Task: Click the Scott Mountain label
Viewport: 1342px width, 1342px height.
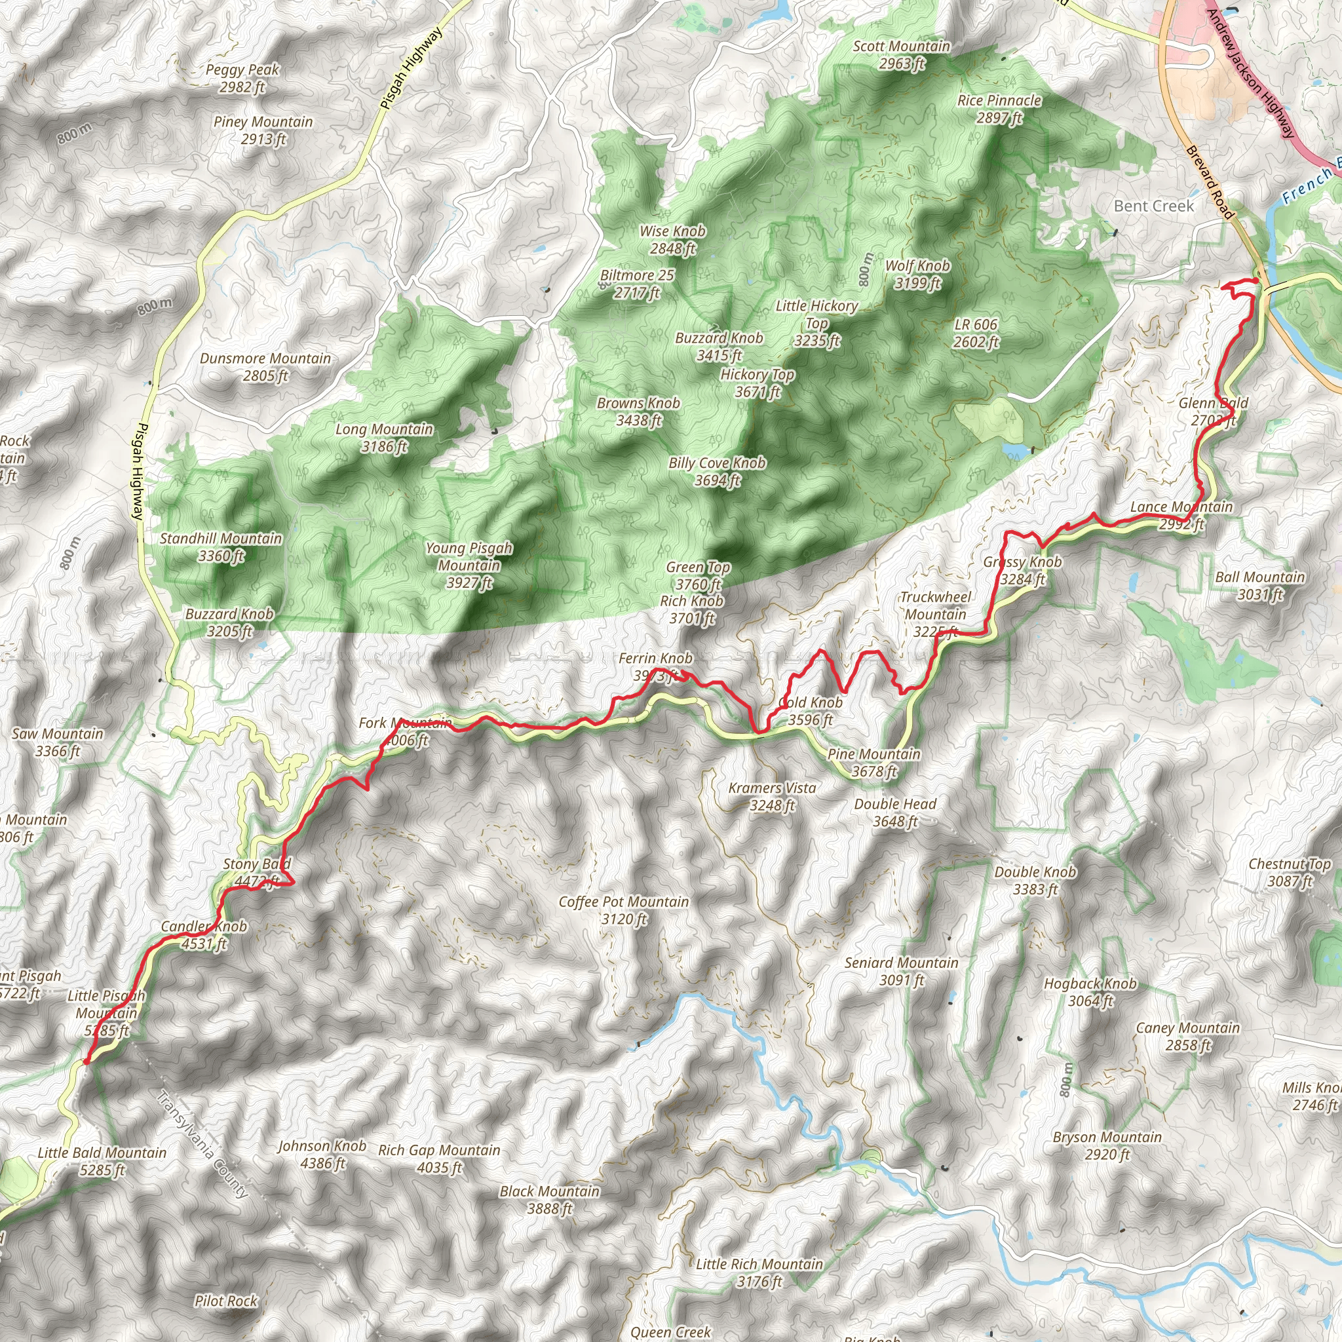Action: tap(901, 55)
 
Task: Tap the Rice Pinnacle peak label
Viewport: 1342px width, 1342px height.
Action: tap(999, 109)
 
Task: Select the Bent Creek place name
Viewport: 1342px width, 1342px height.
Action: tap(1154, 206)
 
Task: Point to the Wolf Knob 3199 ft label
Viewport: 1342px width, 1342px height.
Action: tap(917, 275)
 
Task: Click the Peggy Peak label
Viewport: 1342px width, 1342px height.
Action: tap(242, 78)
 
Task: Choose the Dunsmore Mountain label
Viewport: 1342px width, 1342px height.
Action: tap(265, 367)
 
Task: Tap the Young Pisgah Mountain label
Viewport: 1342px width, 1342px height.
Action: tap(469, 566)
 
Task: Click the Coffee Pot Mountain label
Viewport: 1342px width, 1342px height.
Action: tap(624, 910)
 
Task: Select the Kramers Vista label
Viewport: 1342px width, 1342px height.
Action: tap(772, 796)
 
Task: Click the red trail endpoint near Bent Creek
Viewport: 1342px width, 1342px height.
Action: tap(1256, 280)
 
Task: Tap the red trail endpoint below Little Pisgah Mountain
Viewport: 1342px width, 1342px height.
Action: tap(85, 1062)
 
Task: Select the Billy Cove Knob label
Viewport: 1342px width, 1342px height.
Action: tap(717, 471)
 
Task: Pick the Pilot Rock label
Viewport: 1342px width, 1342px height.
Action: tap(226, 1300)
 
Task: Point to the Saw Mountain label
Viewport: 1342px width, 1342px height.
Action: tap(58, 742)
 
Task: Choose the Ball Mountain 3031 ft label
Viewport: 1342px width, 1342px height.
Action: tap(1260, 586)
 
